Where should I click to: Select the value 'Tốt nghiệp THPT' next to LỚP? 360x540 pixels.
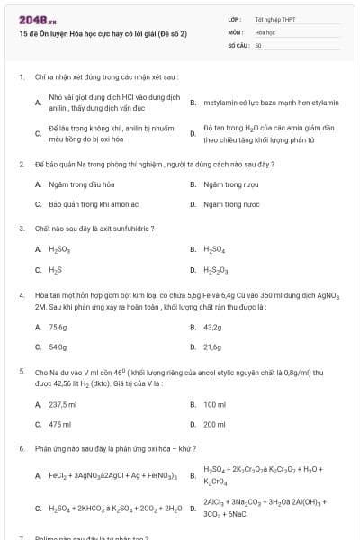coord(274,18)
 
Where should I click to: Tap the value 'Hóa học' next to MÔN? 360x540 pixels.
coord(265,31)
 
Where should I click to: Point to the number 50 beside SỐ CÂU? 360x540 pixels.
coord(258,44)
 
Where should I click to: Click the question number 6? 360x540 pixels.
coord(21,447)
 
